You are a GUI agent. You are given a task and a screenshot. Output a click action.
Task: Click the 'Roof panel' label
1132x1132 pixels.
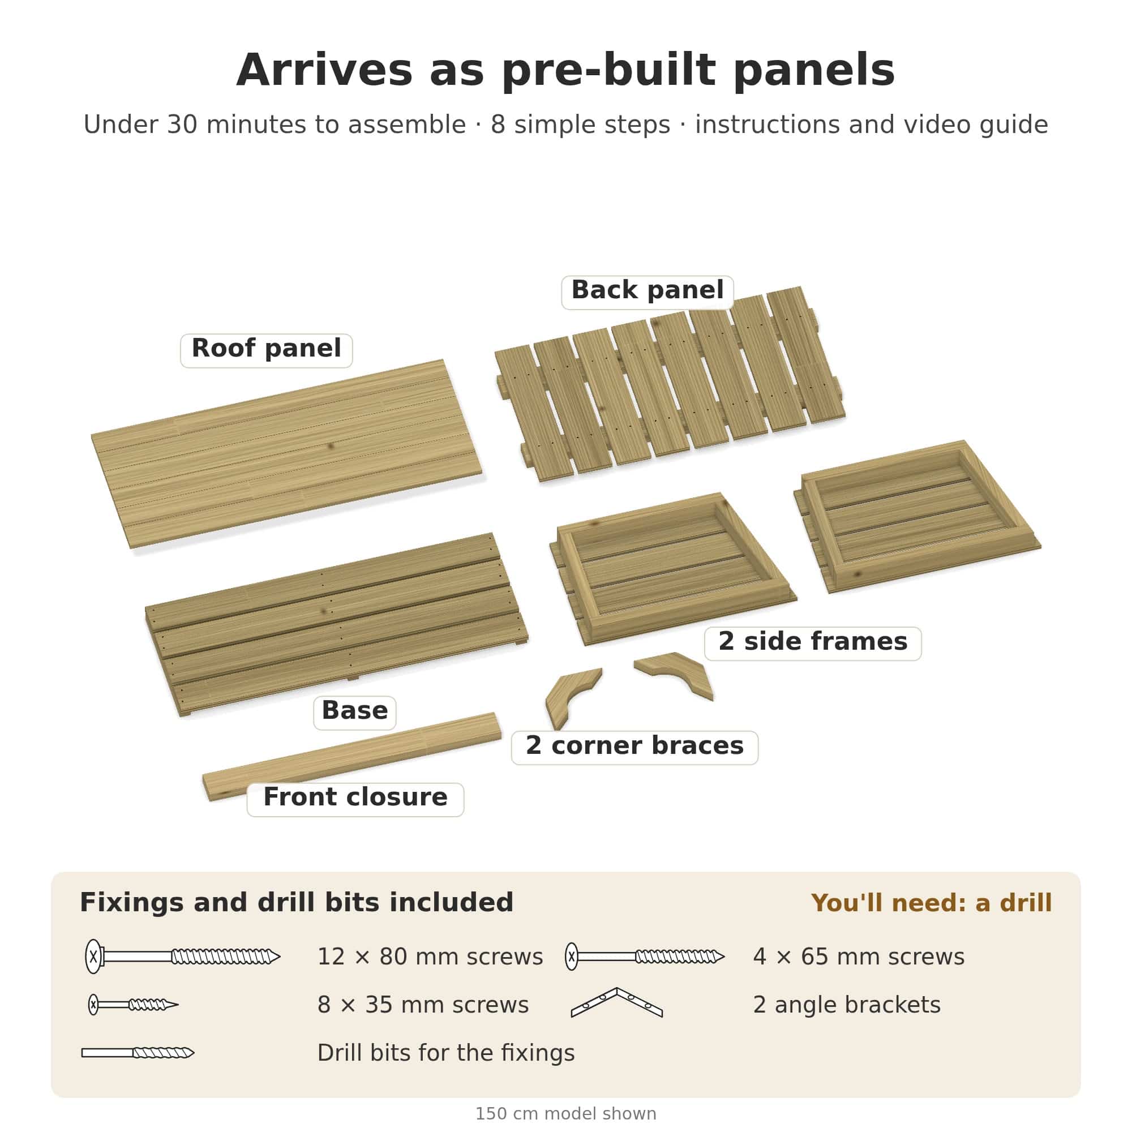click(x=266, y=350)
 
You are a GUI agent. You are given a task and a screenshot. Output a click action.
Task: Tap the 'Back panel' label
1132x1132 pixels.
click(x=648, y=293)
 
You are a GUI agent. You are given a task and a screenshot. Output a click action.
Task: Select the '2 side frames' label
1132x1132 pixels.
click(x=813, y=644)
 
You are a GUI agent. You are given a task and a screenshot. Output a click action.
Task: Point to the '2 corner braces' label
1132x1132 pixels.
click(x=634, y=748)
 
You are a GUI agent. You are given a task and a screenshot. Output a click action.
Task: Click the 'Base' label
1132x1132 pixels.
click(x=354, y=713)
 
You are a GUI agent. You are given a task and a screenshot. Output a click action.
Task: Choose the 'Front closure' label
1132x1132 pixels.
click(x=355, y=799)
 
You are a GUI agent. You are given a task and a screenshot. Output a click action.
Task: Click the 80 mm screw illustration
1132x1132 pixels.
click(x=183, y=957)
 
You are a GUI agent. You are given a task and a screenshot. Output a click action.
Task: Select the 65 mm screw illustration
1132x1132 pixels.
click(x=645, y=957)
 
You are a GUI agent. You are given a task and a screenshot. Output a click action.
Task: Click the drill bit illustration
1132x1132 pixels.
click(x=138, y=1053)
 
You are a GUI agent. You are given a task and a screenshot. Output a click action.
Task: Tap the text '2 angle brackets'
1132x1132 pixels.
click(x=847, y=1005)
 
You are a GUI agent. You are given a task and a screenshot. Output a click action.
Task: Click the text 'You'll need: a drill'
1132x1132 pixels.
click(x=932, y=903)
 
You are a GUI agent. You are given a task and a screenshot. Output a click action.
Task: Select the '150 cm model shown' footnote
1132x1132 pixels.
click(x=566, y=1114)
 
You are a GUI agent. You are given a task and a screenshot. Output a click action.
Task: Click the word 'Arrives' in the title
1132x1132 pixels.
click(x=324, y=70)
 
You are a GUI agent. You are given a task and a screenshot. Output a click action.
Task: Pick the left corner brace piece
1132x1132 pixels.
click(x=571, y=697)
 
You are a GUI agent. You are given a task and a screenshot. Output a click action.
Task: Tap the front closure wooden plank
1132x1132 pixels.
click(x=351, y=756)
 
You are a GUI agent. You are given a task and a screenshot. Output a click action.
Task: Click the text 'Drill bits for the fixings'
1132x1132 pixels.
click(x=446, y=1053)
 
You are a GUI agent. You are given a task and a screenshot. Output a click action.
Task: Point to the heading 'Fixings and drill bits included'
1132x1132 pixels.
click(x=297, y=903)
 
